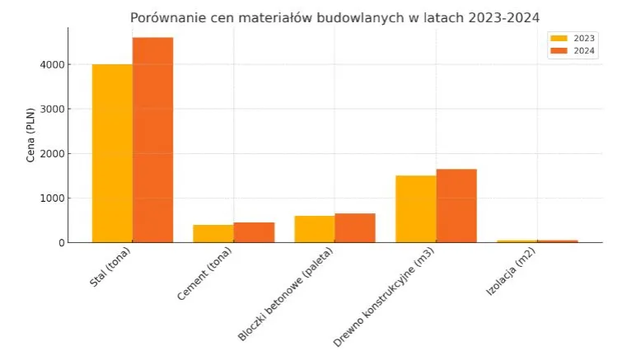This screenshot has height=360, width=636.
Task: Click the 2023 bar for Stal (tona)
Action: tap(112, 153)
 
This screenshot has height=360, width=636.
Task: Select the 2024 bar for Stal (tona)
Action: tap(152, 140)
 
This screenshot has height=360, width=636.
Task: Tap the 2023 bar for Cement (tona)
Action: tap(213, 233)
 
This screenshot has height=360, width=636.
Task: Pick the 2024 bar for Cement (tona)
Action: tap(254, 232)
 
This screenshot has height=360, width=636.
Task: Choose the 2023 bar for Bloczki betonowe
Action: tap(315, 229)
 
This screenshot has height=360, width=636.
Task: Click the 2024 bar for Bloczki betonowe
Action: tap(355, 227)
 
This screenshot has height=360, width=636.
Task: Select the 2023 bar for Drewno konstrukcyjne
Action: tap(416, 208)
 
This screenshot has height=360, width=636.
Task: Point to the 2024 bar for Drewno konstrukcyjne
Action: tap(456, 205)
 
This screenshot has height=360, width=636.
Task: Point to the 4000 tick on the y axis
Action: tap(54, 64)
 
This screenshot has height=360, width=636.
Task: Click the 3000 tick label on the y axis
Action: tap(54, 109)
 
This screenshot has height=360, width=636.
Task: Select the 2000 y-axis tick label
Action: tap(54, 153)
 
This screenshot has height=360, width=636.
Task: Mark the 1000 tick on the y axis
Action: tap(54, 198)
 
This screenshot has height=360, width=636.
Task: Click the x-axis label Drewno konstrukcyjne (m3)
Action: tap(386, 295)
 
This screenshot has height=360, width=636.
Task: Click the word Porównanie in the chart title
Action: tap(171, 17)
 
